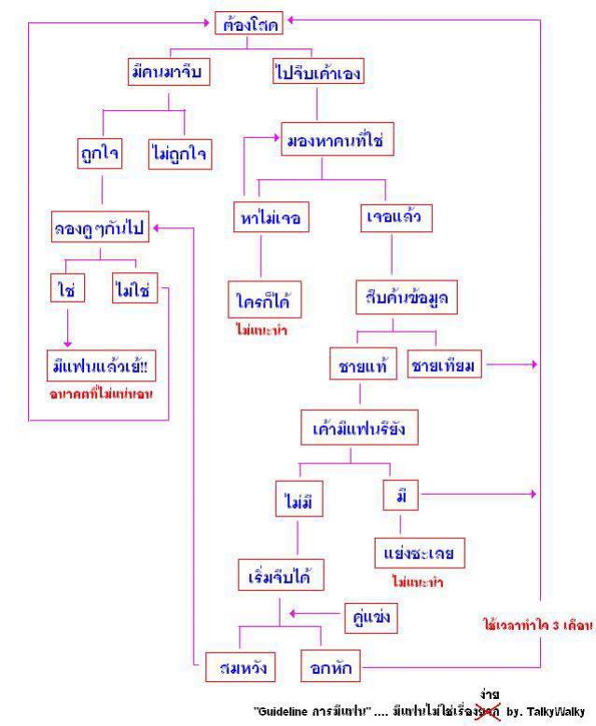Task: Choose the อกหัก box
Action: coord(330,667)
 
